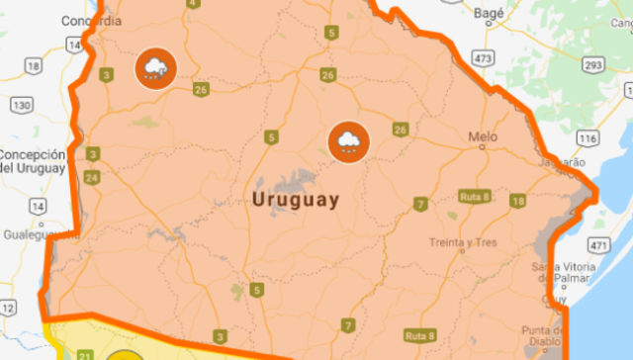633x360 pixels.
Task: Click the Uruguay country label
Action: pos(296,200)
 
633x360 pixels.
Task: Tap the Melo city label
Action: pos(483,136)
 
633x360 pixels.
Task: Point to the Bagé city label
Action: pos(489,14)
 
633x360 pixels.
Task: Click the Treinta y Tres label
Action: pos(463,241)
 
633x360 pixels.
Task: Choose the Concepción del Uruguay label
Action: pos(33,161)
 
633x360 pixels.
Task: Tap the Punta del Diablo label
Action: pos(544,335)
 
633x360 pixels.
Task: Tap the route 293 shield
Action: pos(592,65)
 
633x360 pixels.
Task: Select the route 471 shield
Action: pos(599,243)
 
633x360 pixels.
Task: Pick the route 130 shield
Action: pos(21,105)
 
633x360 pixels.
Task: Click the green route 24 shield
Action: pos(92,178)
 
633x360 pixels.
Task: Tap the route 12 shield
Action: pos(8,310)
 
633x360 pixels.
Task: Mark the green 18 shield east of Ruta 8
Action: pos(516,201)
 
